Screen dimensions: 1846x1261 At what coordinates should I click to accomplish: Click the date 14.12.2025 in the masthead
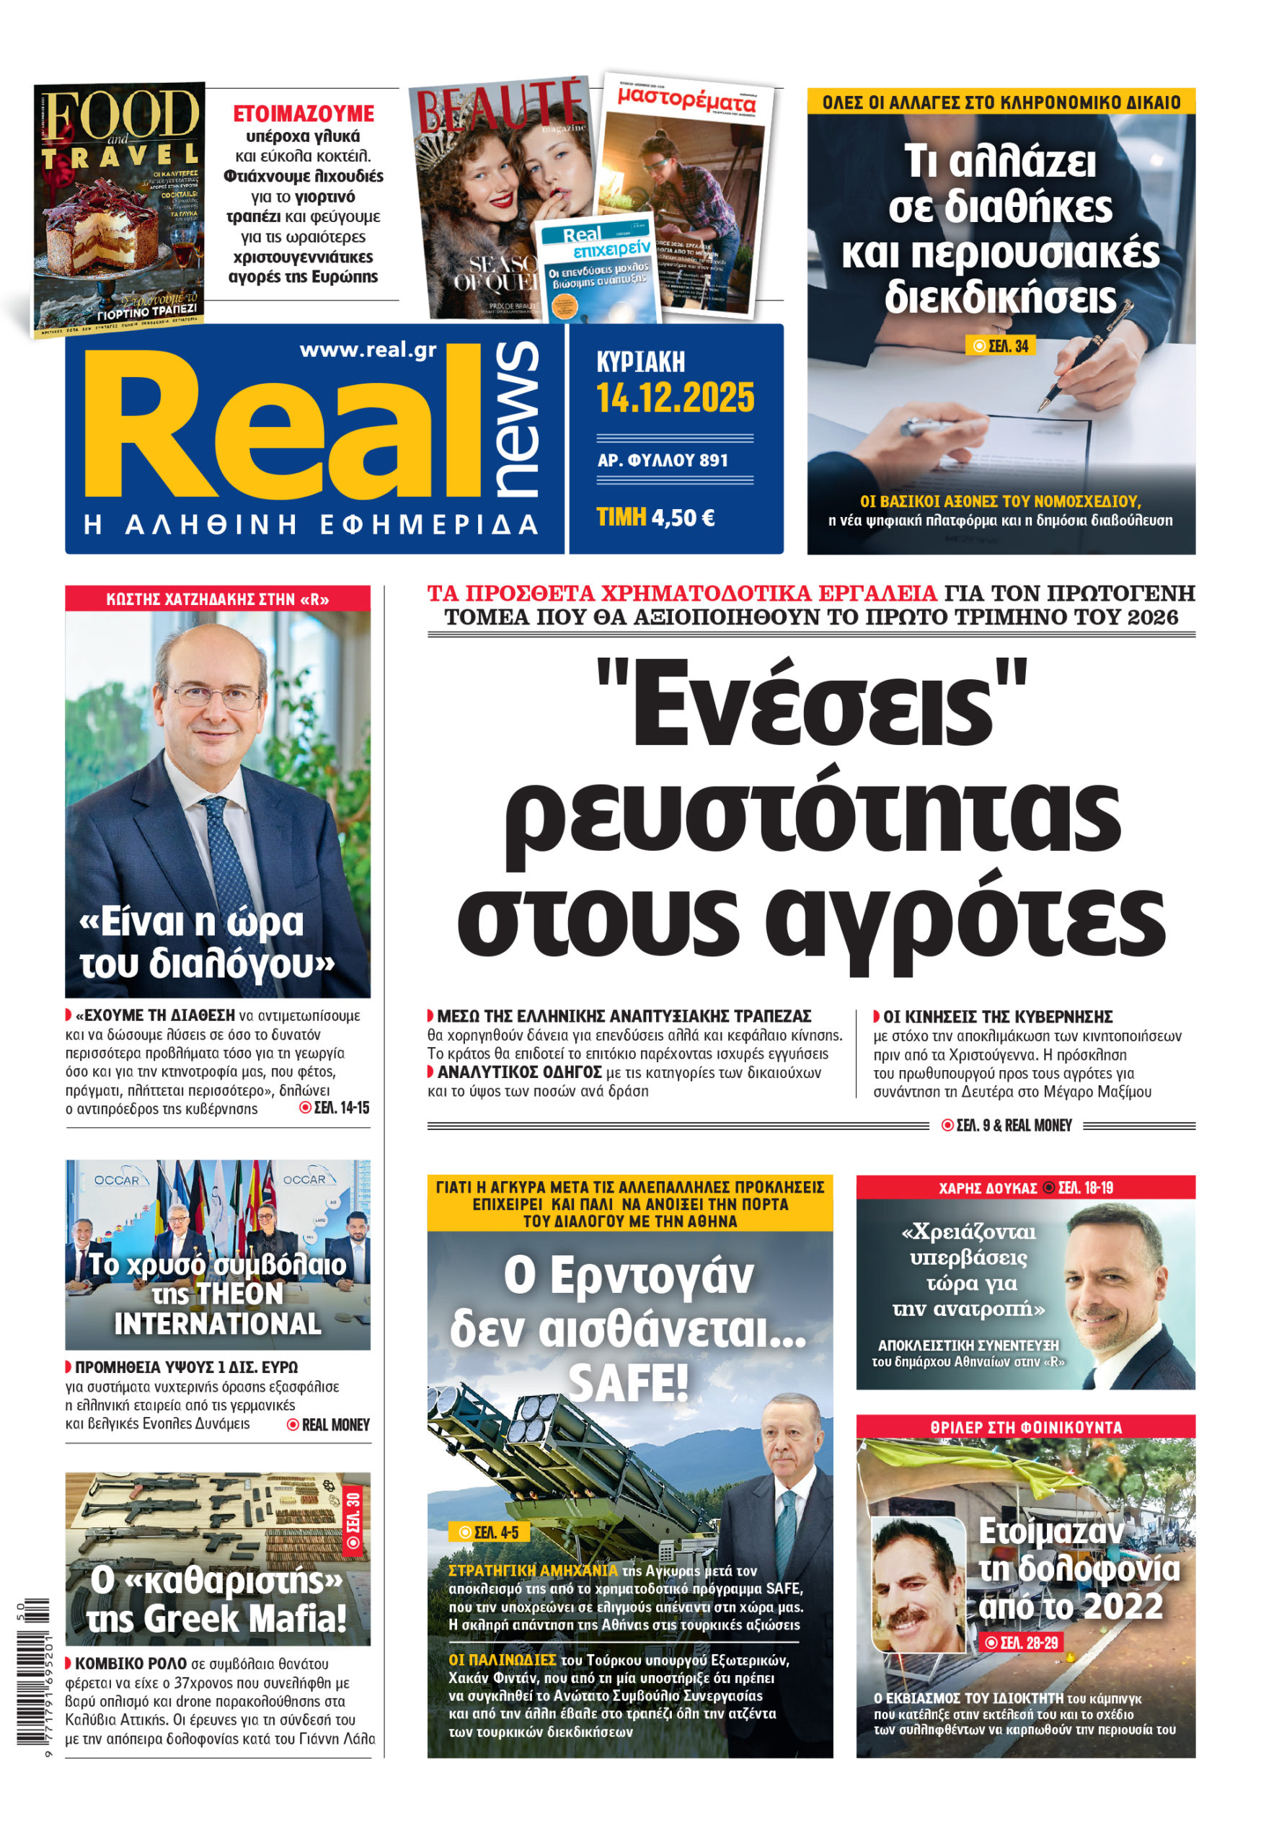pyautogui.click(x=675, y=398)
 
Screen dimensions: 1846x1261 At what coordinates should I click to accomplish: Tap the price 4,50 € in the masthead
pyautogui.click(x=682, y=518)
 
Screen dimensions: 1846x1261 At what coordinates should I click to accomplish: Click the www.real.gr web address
pyautogui.click(x=368, y=350)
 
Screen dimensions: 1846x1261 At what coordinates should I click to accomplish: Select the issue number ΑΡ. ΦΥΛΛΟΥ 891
pyautogui.click(x=663, y=460)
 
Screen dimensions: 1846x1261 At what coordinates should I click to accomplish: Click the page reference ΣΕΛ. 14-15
pyautogui.click(x=335, y=1108)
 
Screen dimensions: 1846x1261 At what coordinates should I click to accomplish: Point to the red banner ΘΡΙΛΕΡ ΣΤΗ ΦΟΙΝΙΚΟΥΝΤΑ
pyautogui.click(x=1025, y=1427)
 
